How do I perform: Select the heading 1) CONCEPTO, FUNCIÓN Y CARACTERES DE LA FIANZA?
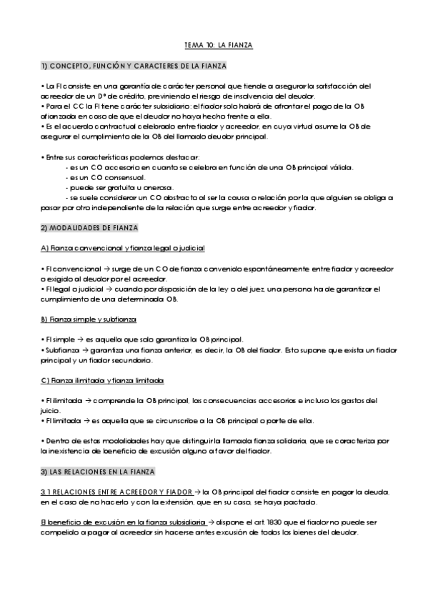coord(134,66)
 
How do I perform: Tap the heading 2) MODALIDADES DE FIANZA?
coord(89,227)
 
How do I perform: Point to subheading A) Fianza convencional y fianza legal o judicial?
coord(123,248)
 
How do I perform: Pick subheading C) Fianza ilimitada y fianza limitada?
coord(102,379)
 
